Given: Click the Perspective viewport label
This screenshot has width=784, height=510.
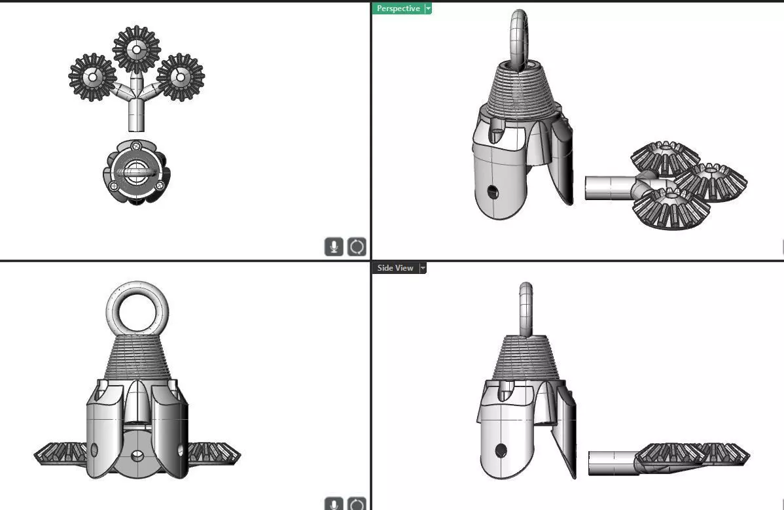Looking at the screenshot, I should (x=398, y=8).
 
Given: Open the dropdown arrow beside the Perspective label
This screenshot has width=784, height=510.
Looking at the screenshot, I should (x=428, y=8).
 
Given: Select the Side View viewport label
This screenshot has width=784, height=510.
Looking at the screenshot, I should (x=395, y=268).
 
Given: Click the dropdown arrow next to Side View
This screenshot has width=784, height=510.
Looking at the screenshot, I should (x=423, y=268).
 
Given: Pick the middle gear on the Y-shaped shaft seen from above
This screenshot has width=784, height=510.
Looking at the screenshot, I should (x=137, y=49).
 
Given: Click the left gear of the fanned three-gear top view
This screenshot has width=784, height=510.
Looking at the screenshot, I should (x=92, y=77).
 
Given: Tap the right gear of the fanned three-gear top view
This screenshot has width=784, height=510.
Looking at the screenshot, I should (x=180, y=77).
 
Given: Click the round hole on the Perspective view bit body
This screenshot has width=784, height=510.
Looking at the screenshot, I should (x=492, y=192).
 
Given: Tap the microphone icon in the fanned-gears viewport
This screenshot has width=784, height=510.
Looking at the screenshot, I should (x=334, y=246).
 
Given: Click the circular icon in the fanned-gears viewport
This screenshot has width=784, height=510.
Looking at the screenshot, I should (x=357, y=246).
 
